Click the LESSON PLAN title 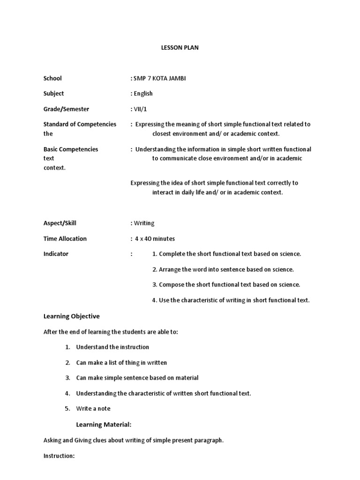[x=180, y=48]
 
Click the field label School [x=52, y=78]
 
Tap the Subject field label [x=54, y=94]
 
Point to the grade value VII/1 [x=139, y=109]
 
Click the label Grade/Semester [x=66, y=109]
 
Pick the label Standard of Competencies [x=80, y=124]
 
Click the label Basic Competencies [x=71, y=149]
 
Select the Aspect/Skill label [x=60, y=223]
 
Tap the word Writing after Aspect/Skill [x=144, y=223]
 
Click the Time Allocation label [x=65, y=239]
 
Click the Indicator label [x=56, y=254]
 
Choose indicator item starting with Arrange [x=223, y=270]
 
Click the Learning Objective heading [x=72, y=316]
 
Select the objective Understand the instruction [x=112, y=347]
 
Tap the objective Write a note [x=93, y=409]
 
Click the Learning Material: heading [x=104, y=425]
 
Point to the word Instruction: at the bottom [x=59, y=456]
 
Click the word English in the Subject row [x=143, y=94]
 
